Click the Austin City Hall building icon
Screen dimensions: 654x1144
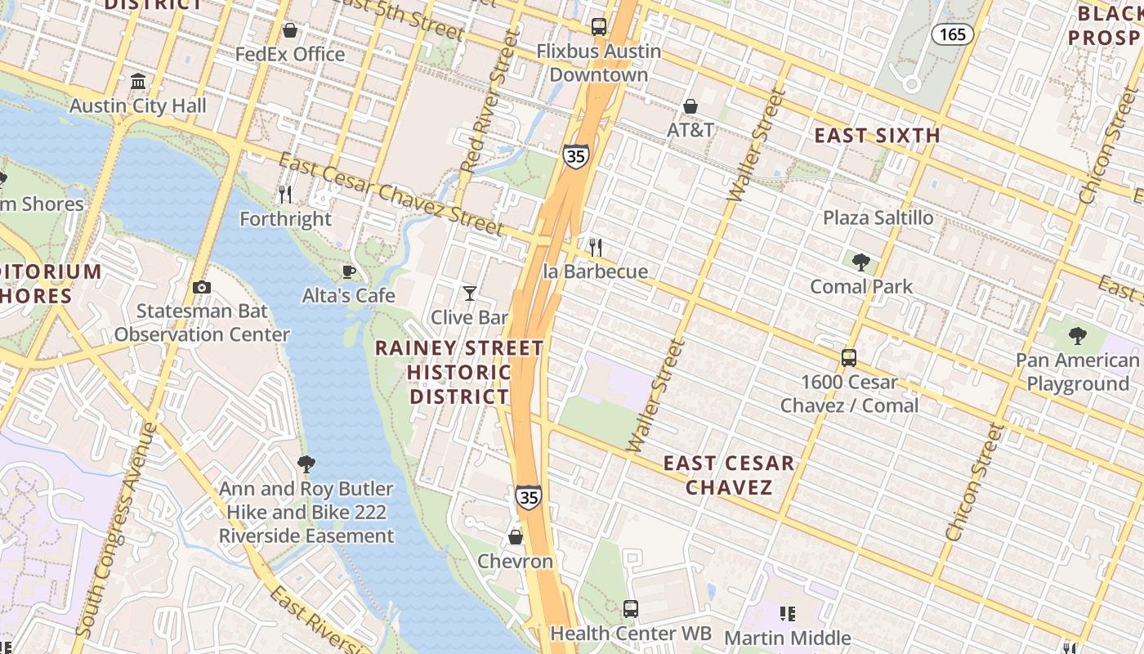tap(138, 82)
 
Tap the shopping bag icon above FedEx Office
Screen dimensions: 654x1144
tap(289, 30)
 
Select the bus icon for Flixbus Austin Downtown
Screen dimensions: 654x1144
tap(599, 27)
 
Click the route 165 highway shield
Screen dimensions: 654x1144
tap(953, 34)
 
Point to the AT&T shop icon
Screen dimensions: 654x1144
tap(690, 106)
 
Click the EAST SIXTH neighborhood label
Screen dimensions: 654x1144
tap(877, 136)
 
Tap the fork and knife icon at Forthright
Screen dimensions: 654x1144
tap(285, 195)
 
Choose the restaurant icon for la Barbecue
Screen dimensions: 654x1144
tap(596, 247)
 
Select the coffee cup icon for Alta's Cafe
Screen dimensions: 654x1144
tap(349, 271)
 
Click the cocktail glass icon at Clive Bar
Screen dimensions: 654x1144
tap(470, 293)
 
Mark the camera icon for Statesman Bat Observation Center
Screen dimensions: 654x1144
tap(201, 287)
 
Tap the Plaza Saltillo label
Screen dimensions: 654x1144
tap(878, 217)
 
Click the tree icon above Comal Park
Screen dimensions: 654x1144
tap(860, 262)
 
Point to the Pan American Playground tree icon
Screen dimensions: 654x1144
tap(1077, 335)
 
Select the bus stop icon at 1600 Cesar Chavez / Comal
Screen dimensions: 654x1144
tap(849, 358)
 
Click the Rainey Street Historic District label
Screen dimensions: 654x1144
tap(459, 372)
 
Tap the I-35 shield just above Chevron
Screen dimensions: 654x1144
tap(528, 496)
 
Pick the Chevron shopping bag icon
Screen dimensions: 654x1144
tap(516, 537)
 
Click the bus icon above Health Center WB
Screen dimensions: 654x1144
tap(631, 608)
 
